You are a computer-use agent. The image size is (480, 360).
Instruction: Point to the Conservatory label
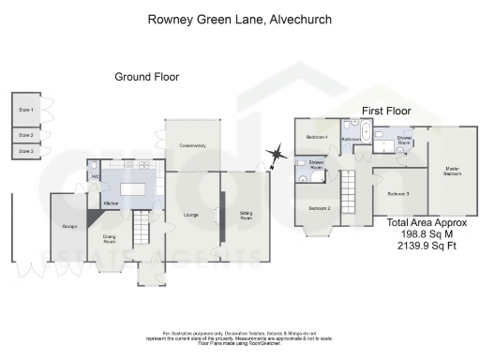(x=192, y=146)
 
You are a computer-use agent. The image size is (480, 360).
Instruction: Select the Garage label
(x=67, y=227)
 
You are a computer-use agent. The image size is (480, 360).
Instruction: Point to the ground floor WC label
(x=96, y=177)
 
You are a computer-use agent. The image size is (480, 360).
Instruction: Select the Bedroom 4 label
(x=317, y=139)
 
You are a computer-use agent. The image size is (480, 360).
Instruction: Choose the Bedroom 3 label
(x=397, y=193)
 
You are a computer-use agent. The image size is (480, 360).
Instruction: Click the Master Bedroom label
(x=452, y=172)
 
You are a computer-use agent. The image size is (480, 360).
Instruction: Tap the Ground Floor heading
(x=146, y=77)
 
